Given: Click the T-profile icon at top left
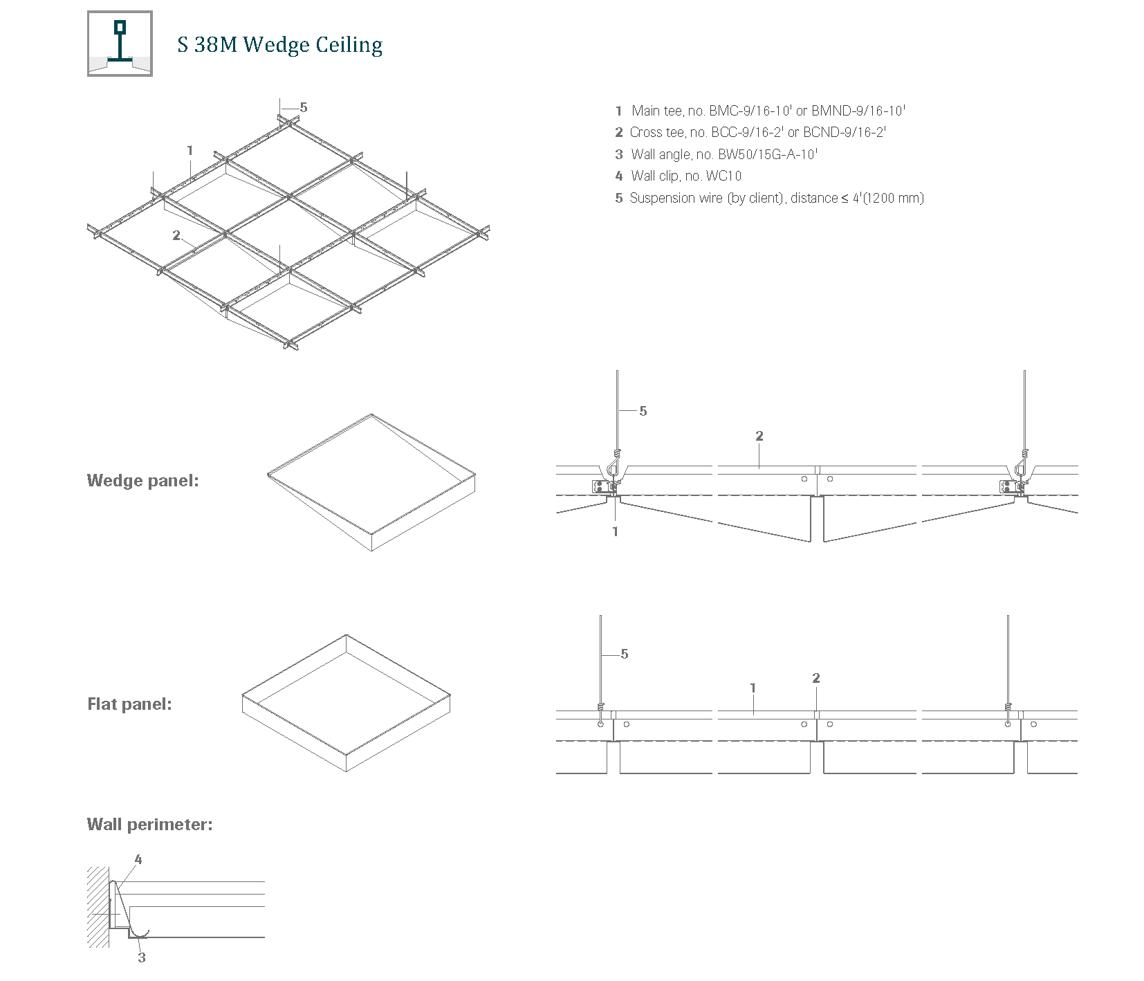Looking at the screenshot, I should click(x=120, y=44).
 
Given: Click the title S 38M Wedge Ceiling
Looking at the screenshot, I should click(x=279, y=45).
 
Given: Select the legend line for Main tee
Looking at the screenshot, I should click(x=760, y=111).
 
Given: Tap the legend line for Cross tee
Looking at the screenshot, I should click(x=750, y=132).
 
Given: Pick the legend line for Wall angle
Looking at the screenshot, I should click(x=716, y=154).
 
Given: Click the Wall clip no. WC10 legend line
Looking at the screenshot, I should click(x=679, y=176).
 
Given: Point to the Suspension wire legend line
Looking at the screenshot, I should click(x=769, y=198).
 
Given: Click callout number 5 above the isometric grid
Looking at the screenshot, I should click(x=303, y=107).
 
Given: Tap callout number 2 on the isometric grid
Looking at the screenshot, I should click(x=176, y=235).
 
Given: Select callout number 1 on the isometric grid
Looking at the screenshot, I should click(x=190, y=150).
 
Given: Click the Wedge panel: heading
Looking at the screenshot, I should click(x=142, y=481).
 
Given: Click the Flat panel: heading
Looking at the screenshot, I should click(x=129, y=704).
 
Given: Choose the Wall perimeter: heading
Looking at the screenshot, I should click(x=149, y=825).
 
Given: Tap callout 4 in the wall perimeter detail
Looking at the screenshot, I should click(x=138, y=859).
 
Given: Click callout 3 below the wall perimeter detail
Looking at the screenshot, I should click(x=142, y=957).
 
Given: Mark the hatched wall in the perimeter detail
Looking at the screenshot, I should click(x=98, y=906).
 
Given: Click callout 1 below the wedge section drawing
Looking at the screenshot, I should click(x=615, y=531).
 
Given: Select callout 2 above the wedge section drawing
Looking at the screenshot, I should click(x=759, y=436).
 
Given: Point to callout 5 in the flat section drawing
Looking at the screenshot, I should click(x=625, y=654).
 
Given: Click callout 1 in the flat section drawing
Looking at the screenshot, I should click(x=753, y=688).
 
